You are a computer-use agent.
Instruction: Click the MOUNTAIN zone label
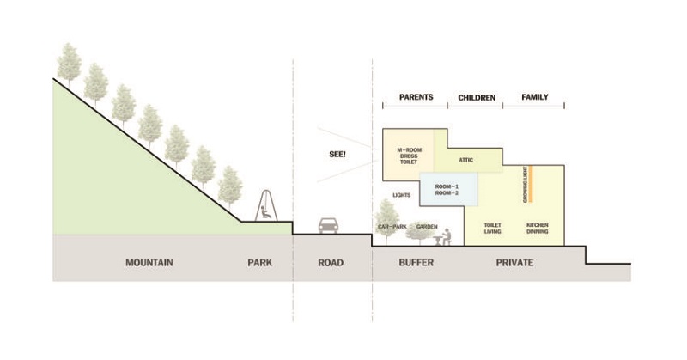(x=149, y=263)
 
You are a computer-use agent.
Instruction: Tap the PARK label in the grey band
(x=260, y=263)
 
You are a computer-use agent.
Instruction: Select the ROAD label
(x=331, y=263)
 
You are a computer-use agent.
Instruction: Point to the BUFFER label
(x=416, y=263)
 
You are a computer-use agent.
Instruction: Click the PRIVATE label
(x=514, y=263)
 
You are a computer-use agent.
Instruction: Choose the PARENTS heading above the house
(x=416, y=97)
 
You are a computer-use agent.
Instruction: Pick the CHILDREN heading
(x=477, y=97)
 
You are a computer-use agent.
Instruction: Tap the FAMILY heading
(x=535, y=97)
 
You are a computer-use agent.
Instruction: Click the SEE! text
(x=337, y=155)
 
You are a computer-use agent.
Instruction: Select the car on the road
(x=328, y=225)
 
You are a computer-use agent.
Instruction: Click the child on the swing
(x=265, y=212)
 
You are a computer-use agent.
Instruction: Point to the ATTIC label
(x=465, y=160)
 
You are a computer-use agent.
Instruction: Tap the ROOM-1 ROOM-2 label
(x=447, y=190)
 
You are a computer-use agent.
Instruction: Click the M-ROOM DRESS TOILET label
(x=409, y=156)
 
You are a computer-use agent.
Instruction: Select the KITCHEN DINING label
(x=538, y=228)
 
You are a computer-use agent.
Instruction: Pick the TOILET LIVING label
(x=492, y=228)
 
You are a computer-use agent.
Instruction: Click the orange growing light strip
(x=530, y=184)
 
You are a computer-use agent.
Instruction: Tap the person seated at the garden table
(x=446, y=237)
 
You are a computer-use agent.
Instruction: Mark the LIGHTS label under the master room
(x=402, y=195)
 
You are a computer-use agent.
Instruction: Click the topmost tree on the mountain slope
(x=70, y=64)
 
